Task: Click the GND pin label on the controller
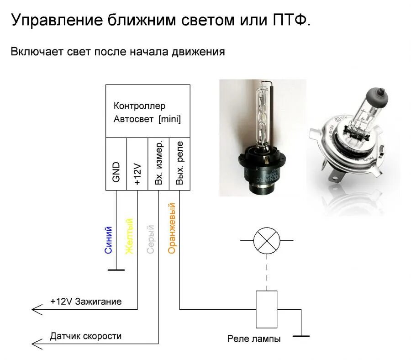pyautogui.click(x=116, y=172)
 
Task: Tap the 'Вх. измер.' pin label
pyautogui.click(x=158, y=163)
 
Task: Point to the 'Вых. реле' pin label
pyautogui.click(x=179, y=163)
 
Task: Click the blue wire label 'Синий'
pyautogui.click(x=108, y=240)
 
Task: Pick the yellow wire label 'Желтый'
pyautogui.click(x=129, y=237)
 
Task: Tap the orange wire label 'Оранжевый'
pyautogui.click(x=172, y=228)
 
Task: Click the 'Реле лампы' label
pyautogui.click(x=254, y=339)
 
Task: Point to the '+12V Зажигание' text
pyautogui.click(x=86, y=302)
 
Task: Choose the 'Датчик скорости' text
pyautogui.click(x=86, y=336)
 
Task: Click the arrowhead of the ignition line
pyautogui.click(x=35, y=309)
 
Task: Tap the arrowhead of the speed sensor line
pyautogui.click(x=35, y=344)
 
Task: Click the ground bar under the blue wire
pyautogui.click(x=116, y=270)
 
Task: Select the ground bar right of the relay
pyautogui.click(x=301, y=336)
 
